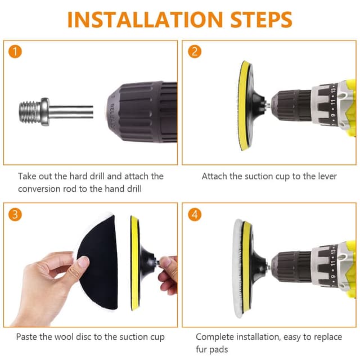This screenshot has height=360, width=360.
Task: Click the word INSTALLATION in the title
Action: tap(145, 20)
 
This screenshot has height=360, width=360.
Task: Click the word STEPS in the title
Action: tap(261, 20)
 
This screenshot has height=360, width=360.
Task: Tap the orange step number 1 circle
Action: tap(15, 52)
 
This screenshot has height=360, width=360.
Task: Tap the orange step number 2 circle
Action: tap(195, 51)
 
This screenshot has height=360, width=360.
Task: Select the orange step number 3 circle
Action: tap(15, 214)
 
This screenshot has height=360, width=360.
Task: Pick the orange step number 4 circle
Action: tap(195, 214)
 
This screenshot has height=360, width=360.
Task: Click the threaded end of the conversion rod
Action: tap(30, 112)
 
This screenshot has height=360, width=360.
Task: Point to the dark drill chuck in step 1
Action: tap(141, 112)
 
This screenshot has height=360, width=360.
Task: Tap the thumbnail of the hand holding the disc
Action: tap(83, 262)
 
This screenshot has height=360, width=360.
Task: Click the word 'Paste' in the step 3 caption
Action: tap(26, 337)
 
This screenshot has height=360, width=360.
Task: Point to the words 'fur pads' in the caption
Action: tap(211, 349)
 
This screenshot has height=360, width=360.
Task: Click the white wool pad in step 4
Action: tap(238, 269)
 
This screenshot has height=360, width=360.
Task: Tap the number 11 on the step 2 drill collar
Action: tap(332, 101)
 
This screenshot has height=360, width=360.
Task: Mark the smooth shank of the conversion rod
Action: tap(71, 112)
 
